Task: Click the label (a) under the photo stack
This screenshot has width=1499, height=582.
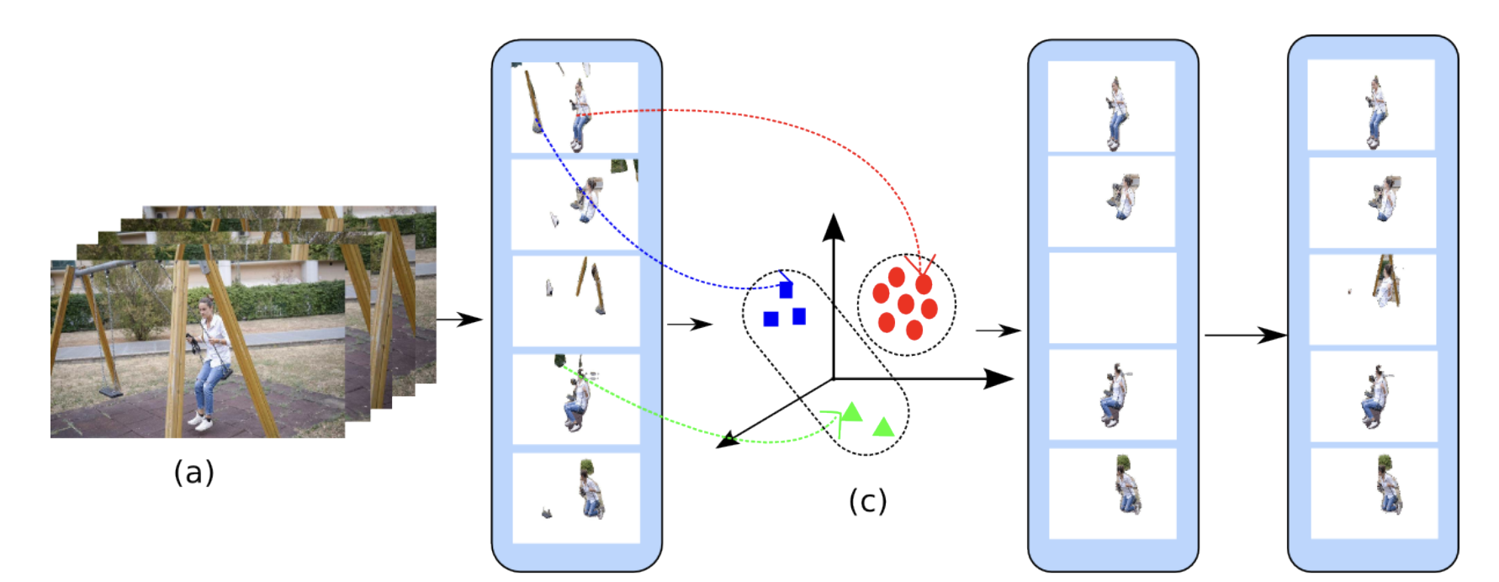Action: pos(193,473)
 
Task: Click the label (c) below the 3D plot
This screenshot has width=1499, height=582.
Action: pos(867,501)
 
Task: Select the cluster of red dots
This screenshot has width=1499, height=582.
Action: pos(906,304)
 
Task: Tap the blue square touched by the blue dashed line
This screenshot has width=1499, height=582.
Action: pos(786,290)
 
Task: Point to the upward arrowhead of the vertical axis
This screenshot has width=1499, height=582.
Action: pos(833,225)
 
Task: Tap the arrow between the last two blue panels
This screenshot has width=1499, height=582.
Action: pos(1245,335)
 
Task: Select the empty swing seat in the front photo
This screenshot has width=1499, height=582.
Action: pos(110,392)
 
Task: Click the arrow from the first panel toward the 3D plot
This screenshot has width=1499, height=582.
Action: pos(690,324)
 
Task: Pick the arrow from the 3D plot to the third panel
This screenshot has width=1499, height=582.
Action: pos(998,331)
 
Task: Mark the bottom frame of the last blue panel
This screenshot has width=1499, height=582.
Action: pos(1372,493)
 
